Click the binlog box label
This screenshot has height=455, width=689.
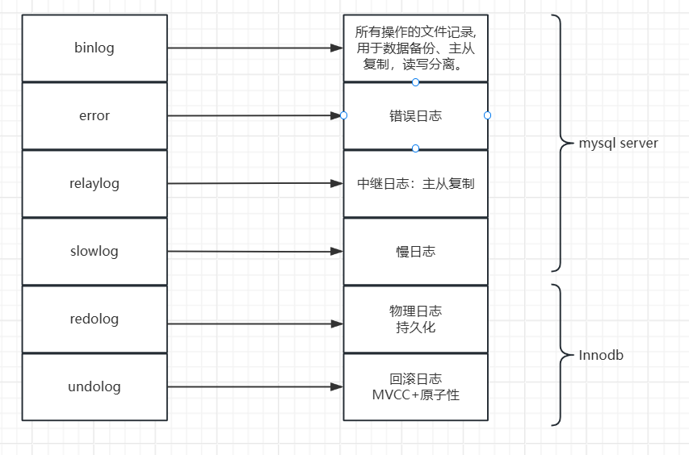(95, 48)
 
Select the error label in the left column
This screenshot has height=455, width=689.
(95, 115)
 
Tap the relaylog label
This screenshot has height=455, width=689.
(95, 183)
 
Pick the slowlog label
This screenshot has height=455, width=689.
(95, 251)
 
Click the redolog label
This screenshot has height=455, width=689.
(95, 319)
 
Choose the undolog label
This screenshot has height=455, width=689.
(95, 386)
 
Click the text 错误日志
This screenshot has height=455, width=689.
(415, 116)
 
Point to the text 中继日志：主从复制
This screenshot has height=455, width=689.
(415, 183)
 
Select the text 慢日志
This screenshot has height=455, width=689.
(415, 251)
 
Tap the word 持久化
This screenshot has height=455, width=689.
(415, 328)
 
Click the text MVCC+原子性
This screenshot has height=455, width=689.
(415, 395)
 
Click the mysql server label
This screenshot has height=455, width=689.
(619, 144)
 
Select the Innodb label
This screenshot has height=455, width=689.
(602, 355)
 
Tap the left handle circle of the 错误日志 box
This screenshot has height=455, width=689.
(343, 115)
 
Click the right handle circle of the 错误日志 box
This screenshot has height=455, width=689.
(487, 115)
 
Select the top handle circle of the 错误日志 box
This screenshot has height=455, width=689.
(415, 82)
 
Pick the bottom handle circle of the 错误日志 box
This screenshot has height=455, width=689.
(415, 148)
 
